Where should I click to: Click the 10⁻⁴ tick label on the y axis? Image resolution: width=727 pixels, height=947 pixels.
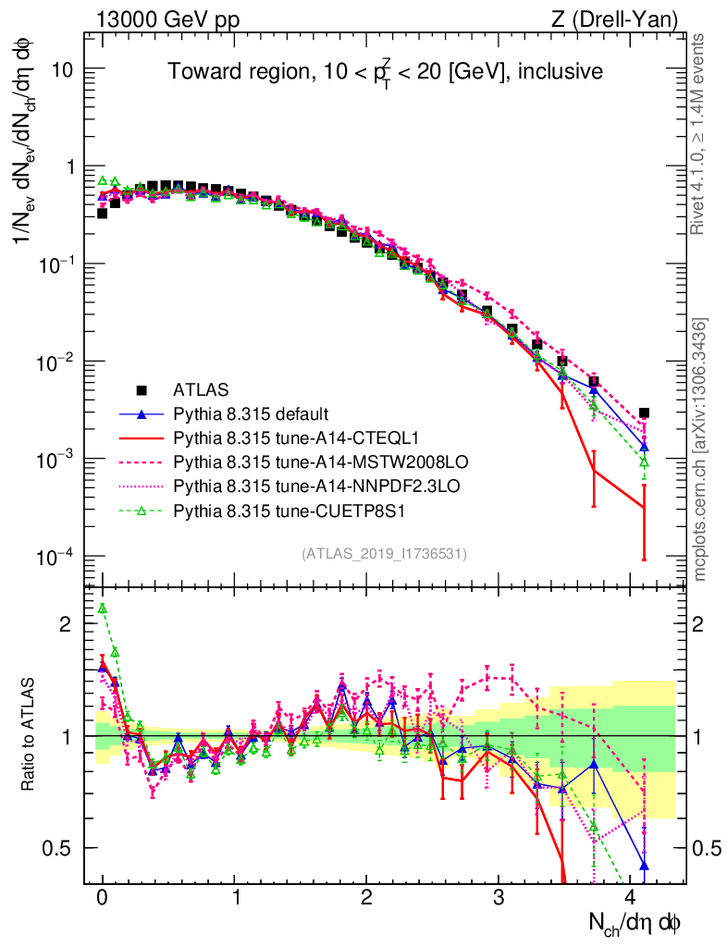point(54,557)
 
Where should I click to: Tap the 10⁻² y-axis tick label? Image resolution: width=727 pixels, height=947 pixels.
point(54,362)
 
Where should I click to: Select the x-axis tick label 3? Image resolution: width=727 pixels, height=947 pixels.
point(499,898)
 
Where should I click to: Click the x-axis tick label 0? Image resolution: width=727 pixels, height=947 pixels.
point(103,898)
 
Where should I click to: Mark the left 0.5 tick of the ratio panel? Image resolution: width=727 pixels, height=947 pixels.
point(61,848)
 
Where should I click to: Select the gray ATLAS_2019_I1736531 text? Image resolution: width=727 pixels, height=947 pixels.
point(384,554)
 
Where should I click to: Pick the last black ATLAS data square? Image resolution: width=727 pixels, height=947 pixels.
point(644,413)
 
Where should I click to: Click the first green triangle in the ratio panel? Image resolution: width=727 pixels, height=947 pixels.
point(103,608)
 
